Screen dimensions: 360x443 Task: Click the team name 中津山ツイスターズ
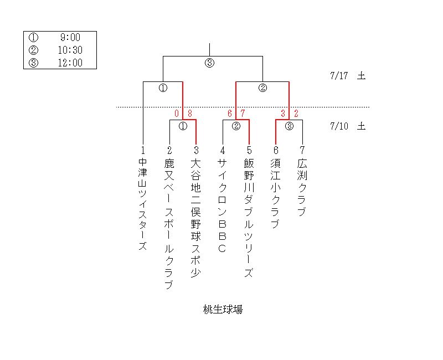coord(143,204)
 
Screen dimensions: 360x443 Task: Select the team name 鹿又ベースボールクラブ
coord(169,224)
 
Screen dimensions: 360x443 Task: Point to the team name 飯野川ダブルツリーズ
coord(249,218)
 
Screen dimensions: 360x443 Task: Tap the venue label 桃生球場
coord(223,310)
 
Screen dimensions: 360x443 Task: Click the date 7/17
coord(338,76)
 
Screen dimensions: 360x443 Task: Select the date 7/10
coord(338,126)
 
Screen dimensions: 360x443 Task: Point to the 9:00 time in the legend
coord(70,38)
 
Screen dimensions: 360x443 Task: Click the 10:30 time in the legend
coord(70,50)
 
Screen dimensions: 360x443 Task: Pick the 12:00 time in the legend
coord(70,63)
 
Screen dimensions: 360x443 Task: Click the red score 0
coord(177,114)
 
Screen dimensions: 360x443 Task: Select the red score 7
coord(243,114)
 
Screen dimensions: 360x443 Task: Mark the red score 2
coord(296,114)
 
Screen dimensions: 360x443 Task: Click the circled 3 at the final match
coord(209,63)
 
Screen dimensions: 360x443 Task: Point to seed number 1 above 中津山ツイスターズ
coord(143,150)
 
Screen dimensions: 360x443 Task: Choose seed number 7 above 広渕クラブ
coord(302,150)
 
